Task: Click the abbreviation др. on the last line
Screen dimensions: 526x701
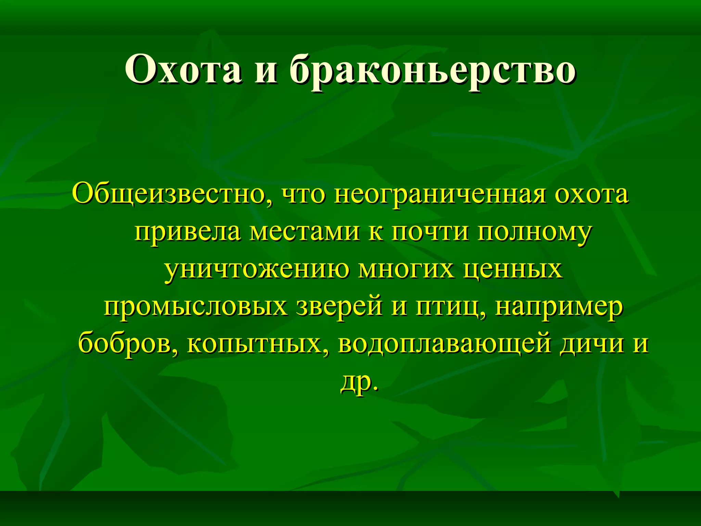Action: coord(360,382)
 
